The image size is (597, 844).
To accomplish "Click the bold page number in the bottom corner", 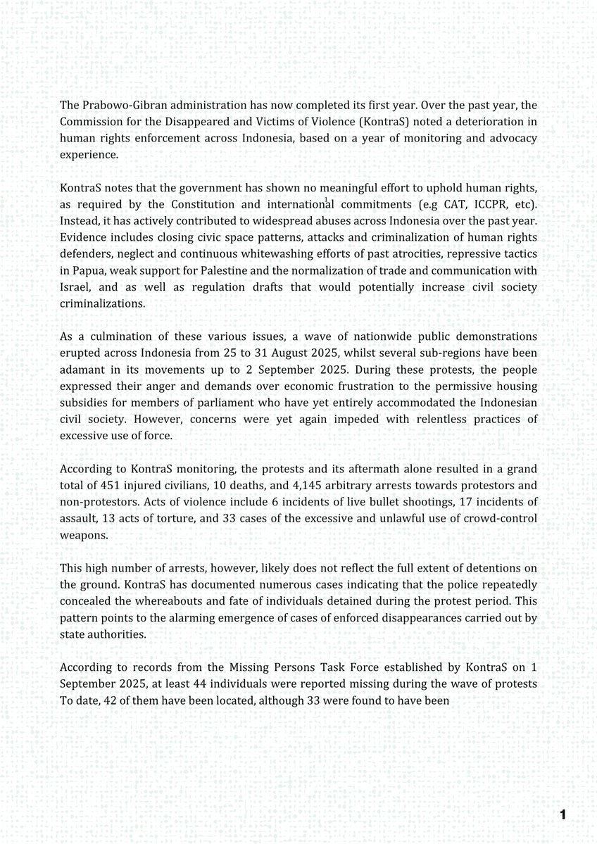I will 563,815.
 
